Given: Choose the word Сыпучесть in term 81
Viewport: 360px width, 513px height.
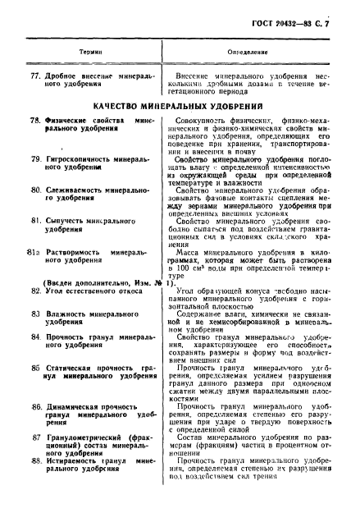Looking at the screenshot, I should [x=66, y=222].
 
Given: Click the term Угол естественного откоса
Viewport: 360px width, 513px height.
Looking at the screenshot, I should [x=92, y=291].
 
